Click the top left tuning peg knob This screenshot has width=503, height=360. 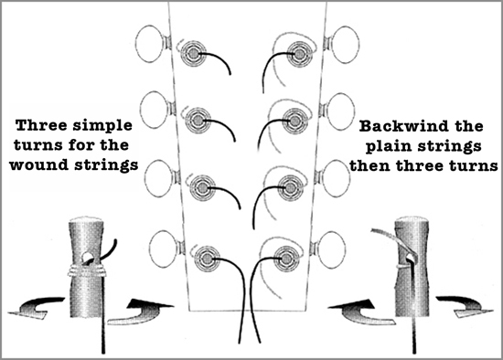(x=149, y=44)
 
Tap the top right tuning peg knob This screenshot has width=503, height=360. (x=345, y=45)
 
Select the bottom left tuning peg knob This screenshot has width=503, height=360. (x=164, y=249)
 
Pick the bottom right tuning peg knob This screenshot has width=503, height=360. (x=331, y=250)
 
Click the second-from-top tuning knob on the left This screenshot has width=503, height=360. (x=155, y=110)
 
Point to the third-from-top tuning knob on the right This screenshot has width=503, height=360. (x=337, y=177)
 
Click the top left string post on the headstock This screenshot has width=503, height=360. (x=194, y=54)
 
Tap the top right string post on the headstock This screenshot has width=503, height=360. (x=299, y=54)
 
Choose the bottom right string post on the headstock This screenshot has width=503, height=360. (x=285, y=258)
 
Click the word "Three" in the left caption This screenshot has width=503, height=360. (x=42, y=125)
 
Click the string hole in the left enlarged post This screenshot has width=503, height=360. (x=87, y=257)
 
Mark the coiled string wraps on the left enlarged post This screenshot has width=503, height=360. (x=86, y=270)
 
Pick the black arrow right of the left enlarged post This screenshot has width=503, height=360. (x=141, y=312)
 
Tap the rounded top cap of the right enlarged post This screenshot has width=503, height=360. (x=412, y=222)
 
